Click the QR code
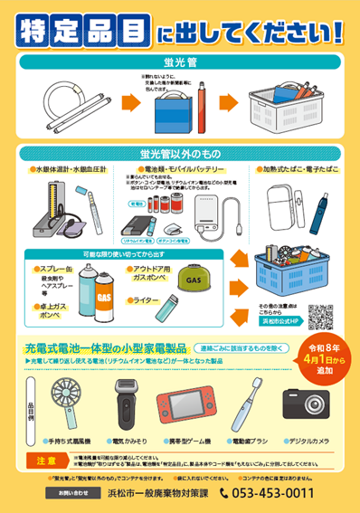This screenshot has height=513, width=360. click(321, 291)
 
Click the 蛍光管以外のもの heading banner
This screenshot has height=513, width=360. click(179, 153)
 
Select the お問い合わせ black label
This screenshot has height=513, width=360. click(73, 493)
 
